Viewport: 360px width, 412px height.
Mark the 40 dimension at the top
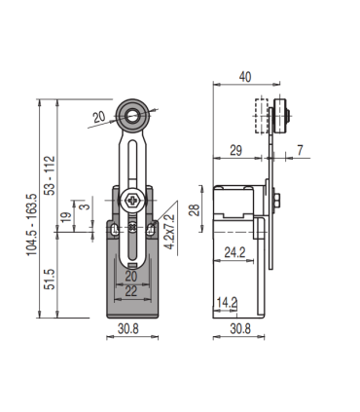pos(245,77)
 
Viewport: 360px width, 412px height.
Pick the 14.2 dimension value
pos(227,302)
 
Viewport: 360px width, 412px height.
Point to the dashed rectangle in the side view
pos(259,117)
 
